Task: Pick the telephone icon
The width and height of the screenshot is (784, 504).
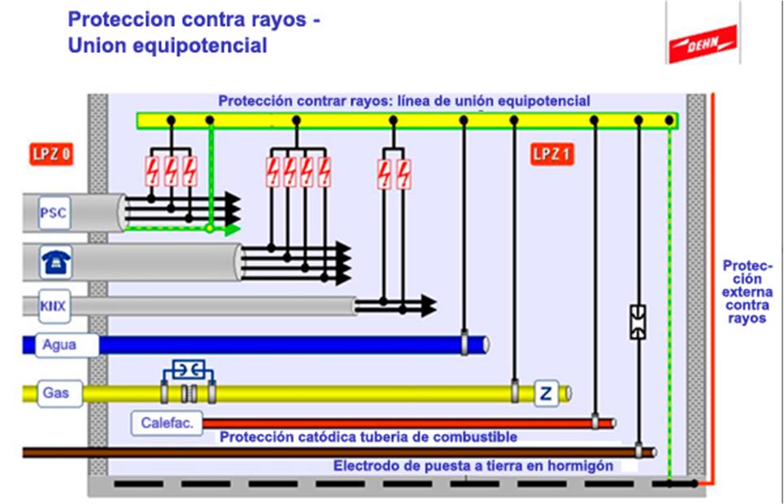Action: click(x=56, y=261)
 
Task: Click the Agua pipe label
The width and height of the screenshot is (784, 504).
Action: click(x=59, y=344)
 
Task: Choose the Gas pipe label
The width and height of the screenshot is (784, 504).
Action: click(x=56, y=392)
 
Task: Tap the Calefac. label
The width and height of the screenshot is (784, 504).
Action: click(x=167, y=423)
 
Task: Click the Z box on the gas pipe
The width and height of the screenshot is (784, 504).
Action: click(x=546, y=393)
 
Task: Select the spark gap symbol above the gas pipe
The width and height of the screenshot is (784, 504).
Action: click(x=189, y=370)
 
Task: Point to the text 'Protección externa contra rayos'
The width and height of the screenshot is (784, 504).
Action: click(x=747, y=291)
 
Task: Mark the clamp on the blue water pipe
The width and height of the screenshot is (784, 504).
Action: click(x=464, y=344)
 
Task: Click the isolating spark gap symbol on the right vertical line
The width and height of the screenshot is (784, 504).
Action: click(x=638, y=322)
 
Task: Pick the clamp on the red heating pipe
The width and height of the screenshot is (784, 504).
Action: click(x=595, y=423)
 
